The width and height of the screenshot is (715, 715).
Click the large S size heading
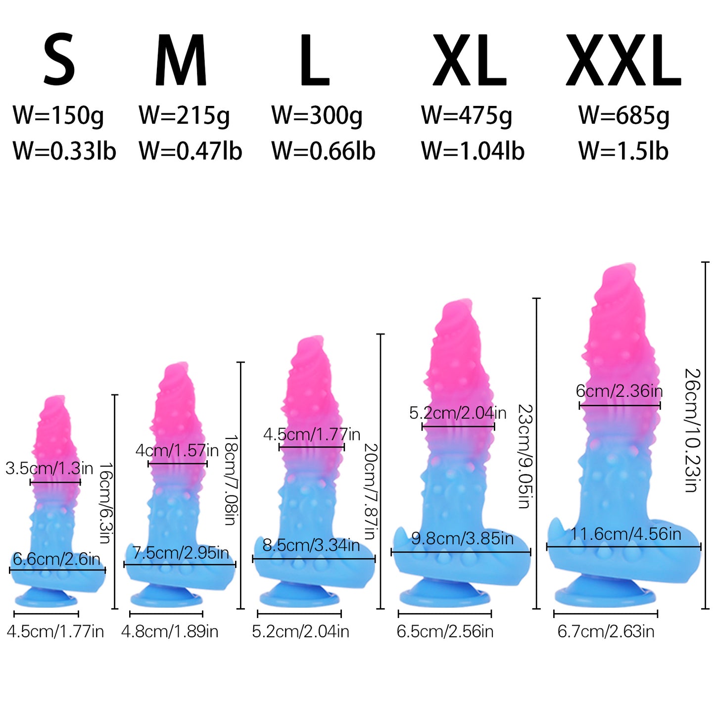59,59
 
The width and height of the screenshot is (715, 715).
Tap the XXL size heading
623,60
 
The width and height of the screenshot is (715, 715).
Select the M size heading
181,60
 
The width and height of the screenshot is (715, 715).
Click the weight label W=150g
58,115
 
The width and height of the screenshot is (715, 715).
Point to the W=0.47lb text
191,151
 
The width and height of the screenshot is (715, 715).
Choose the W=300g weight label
317,115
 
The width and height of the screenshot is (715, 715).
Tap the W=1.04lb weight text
473,151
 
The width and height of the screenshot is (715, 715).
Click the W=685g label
624,115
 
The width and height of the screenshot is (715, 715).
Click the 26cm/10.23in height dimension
692,430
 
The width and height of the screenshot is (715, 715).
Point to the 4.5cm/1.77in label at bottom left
55,631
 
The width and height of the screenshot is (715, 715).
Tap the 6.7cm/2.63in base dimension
606,631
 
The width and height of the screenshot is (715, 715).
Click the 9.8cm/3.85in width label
463,538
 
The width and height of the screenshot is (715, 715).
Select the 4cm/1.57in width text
177,450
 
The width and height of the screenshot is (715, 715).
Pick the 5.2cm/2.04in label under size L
300,631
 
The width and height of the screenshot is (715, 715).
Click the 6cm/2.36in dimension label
620,391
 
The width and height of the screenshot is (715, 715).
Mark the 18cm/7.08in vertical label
231,480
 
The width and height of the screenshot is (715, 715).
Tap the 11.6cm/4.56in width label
625,534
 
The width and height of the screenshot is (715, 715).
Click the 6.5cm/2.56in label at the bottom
445,631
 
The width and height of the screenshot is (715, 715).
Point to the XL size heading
470,60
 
